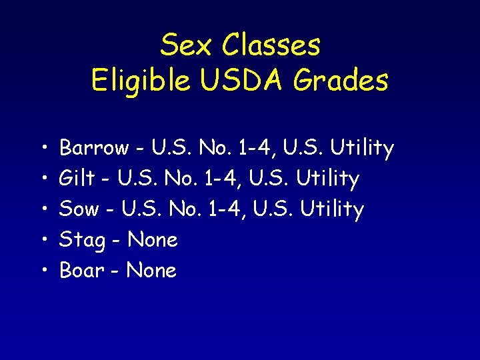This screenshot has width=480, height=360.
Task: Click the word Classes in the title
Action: tap(271, 45)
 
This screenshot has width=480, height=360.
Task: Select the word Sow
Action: tap(79, 209)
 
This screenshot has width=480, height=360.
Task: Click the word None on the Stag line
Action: tap(153, 240)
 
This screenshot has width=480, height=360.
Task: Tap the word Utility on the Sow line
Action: tap(333, 209)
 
